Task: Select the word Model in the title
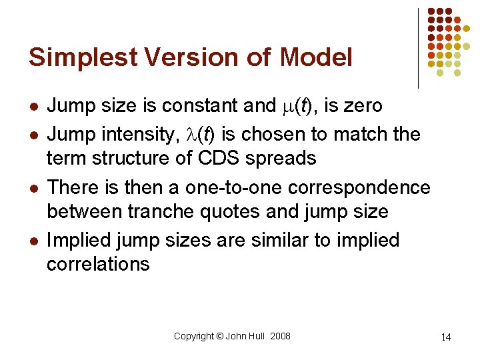(316, 57)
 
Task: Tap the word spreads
(281, 159)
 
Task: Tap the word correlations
(98, 264)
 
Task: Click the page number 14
(446, 337)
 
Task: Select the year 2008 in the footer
(280, 336)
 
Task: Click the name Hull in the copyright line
(257, 336)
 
